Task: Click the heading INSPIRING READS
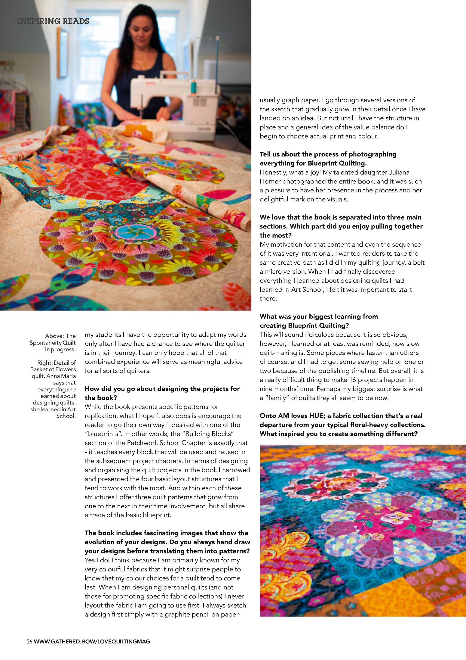(53, 21)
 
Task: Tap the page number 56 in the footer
(29, 641)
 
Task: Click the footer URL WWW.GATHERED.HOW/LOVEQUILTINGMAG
(92, 641)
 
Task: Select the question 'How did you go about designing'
(162, 389)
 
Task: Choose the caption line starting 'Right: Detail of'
(56, 363)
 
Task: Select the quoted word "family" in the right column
(277, 398)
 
